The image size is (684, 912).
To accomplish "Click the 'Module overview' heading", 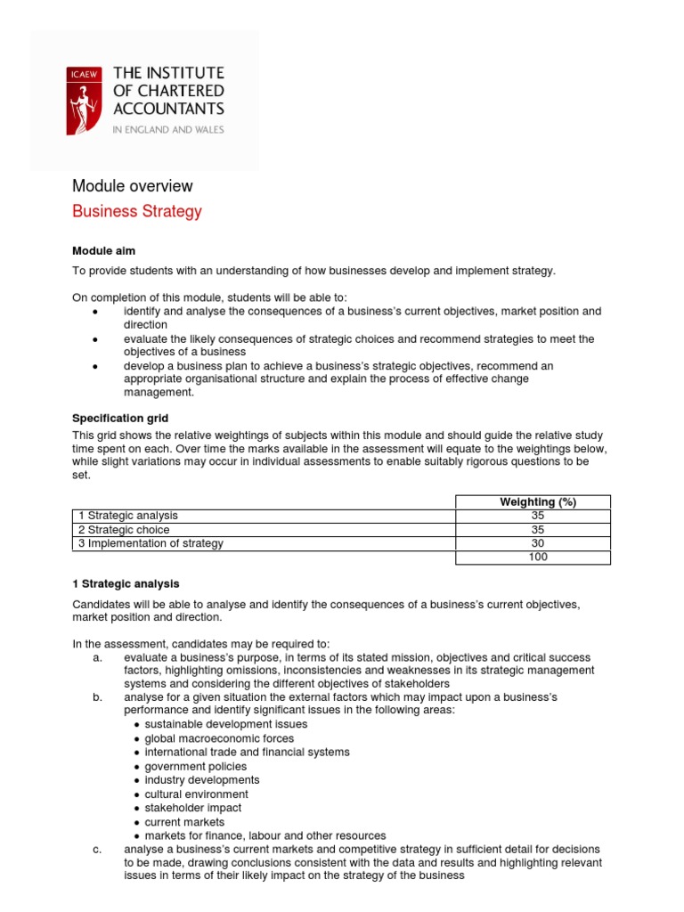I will tap(132, 186).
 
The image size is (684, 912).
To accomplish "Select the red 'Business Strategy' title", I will tap(136, 211).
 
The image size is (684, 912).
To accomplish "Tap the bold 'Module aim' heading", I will tap(103, 251).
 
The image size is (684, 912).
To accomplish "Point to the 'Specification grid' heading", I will tap(120, 418).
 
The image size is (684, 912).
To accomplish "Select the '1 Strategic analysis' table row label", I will tap(127, 516).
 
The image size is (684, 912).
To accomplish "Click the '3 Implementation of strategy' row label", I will tap(150, 543).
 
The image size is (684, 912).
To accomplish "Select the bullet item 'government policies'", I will tap(196, 766).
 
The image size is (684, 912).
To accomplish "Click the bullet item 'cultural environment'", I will tap(197, 794).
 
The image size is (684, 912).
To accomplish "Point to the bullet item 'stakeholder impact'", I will tap(193, 808).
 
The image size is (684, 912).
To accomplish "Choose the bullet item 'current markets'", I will tap(184, 822).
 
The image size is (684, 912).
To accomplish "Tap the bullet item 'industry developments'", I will tap(202, 780).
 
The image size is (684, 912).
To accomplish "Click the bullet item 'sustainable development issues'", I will tap(226, 724).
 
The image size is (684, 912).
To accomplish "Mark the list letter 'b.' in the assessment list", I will tap(97, 696).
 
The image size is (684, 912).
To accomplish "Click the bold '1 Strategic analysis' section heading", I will tap(126, 584).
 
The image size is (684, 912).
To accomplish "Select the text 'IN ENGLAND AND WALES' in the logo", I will tap(168, 129).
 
